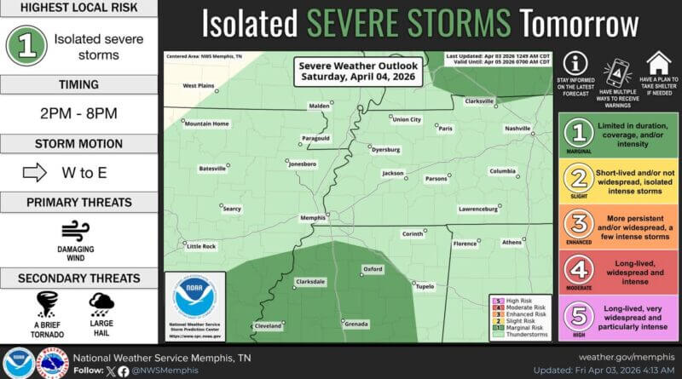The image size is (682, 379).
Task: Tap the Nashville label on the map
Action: click(x=517, y=128)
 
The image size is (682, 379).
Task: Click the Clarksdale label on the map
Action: click(x=310, y=280)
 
